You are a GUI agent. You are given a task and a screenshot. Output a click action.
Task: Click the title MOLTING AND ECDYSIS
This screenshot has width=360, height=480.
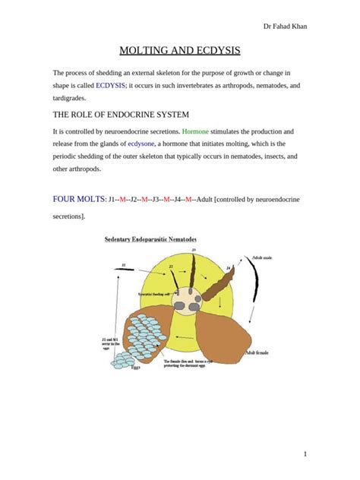coord(180,51)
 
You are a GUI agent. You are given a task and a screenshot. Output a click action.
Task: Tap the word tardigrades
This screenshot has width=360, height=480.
coord(70,98)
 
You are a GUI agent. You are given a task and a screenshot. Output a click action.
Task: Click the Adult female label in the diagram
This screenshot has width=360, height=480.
coord(261,352)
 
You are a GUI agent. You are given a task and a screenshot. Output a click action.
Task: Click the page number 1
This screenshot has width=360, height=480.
coord(305,453)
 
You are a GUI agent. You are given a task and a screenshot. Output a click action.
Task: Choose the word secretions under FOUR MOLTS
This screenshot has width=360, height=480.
coord(68,216)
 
